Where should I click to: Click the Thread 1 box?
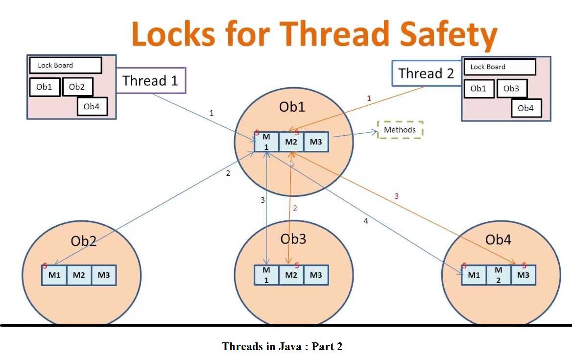point(151,80)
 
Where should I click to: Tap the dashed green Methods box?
point(400,130)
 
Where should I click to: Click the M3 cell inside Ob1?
point(316,142)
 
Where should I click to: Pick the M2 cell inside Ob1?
point(291,142)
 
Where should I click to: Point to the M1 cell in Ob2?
point(54,275)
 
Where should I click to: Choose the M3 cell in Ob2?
point(104,275)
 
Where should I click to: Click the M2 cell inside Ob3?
point(291,275)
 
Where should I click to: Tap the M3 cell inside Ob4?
point(523,275)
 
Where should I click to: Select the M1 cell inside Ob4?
point(474,275)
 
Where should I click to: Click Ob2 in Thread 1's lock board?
point(77,87)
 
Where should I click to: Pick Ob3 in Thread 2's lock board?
point(511,89)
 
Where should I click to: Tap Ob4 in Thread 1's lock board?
point(92,106)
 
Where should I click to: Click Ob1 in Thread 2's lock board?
point(478,89)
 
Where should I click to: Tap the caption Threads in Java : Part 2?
point(282,347)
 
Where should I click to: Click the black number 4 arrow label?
point(366,221)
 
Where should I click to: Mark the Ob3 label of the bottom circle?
point(293,239)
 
